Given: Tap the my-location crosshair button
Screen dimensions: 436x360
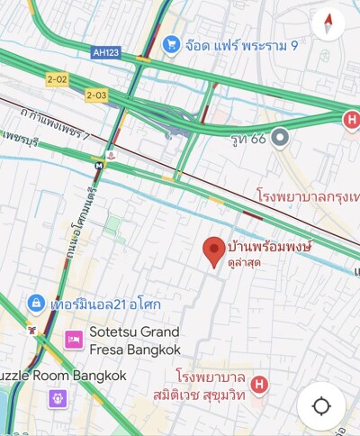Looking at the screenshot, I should (x=321, y=405).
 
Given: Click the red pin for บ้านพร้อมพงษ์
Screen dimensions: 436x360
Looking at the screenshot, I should (x=213, y=251).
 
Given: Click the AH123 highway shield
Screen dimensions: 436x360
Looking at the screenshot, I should (x=106, y=53).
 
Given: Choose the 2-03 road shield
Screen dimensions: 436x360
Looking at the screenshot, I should (x=96, y=94).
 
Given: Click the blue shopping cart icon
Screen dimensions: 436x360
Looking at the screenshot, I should (x=171, y=43).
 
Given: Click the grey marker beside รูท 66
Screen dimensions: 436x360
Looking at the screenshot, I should (x=281, y=138).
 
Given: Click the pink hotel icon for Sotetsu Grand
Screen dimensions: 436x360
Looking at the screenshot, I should (x=74, y=340).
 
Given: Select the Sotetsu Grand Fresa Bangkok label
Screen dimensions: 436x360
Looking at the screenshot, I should (x=135, y=340).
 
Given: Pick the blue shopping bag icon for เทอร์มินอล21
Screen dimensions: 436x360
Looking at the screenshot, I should (x=36, y=303).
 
